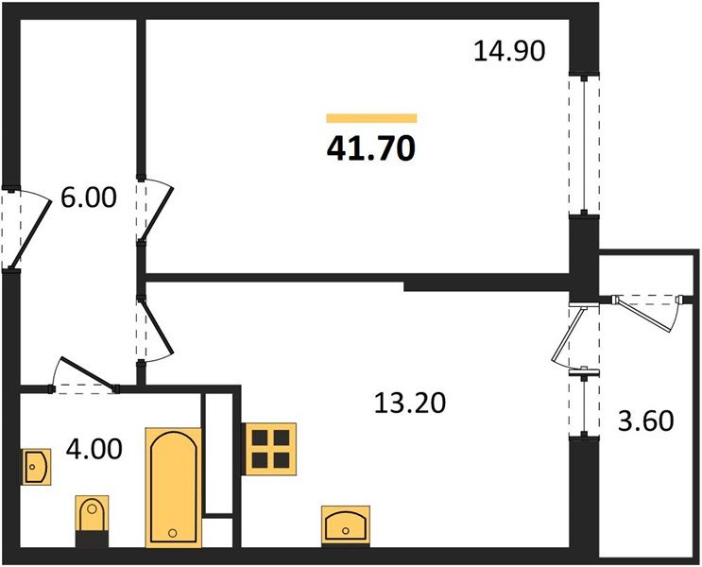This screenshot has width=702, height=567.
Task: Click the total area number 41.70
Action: (x=371, y=147)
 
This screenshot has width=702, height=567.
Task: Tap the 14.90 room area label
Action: (x=509, y=50)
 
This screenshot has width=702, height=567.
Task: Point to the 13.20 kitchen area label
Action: (x=407, y=404)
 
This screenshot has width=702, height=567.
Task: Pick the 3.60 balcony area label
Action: (x=645, y=420)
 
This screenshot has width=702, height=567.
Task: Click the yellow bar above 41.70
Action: (x=371, y=118)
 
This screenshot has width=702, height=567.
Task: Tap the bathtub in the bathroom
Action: (x=174, y=486)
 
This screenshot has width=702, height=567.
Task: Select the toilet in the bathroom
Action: (x=93, y=519)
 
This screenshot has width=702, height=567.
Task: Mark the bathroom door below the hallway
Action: (x=87, y=374)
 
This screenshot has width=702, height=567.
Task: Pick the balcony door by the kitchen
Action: (x=574, y=335)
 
